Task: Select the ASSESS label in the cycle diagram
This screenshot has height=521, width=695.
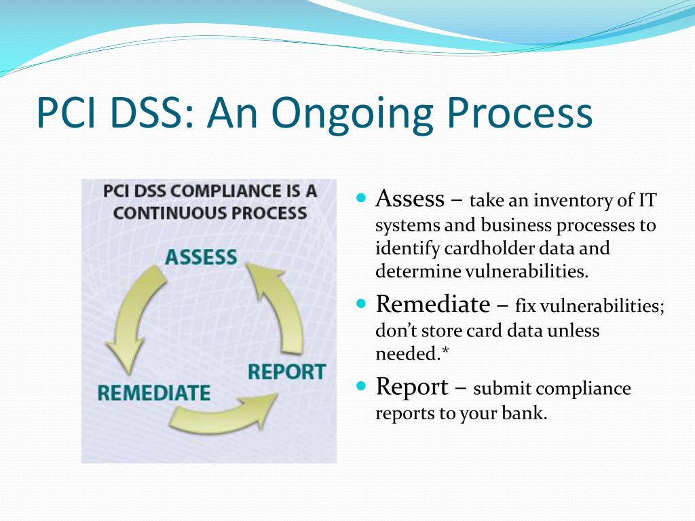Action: (201, 257)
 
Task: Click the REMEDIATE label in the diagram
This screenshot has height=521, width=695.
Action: (153, 393)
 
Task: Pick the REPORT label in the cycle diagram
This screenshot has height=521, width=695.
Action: (286, 372)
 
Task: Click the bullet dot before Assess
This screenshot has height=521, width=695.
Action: (361, 199)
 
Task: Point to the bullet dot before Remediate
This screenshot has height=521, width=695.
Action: (361, 303)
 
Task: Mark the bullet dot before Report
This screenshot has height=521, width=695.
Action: (361, 386)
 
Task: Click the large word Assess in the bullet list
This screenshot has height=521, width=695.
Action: (410, 199)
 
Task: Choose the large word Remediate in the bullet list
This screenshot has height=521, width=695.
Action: (432, 304)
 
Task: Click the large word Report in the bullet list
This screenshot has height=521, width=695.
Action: (411, 387)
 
